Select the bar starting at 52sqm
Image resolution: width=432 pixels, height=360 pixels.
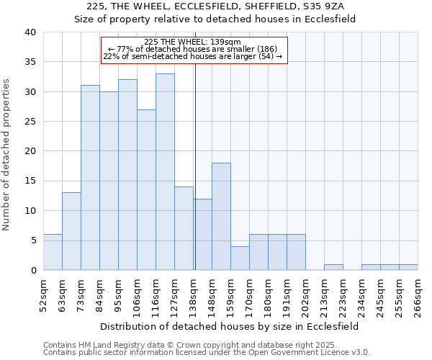[53, 252]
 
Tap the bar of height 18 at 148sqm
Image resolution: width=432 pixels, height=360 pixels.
[221, 216]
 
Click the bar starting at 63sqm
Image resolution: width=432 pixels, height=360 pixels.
[71, 231]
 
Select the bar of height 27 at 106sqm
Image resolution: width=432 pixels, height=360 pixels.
[146, 189]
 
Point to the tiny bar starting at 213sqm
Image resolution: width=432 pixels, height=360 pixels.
[333, 267]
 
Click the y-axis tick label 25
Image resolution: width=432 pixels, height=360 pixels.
[30, 122]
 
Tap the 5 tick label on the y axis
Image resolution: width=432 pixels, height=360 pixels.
[32, 240]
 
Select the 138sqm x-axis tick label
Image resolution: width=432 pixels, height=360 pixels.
[193, 294]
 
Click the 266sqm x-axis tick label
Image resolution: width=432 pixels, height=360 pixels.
[418, 294]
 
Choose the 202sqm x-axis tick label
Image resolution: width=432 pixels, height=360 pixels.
[305, 294]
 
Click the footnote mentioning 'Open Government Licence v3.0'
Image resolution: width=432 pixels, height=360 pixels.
[207, 353]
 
